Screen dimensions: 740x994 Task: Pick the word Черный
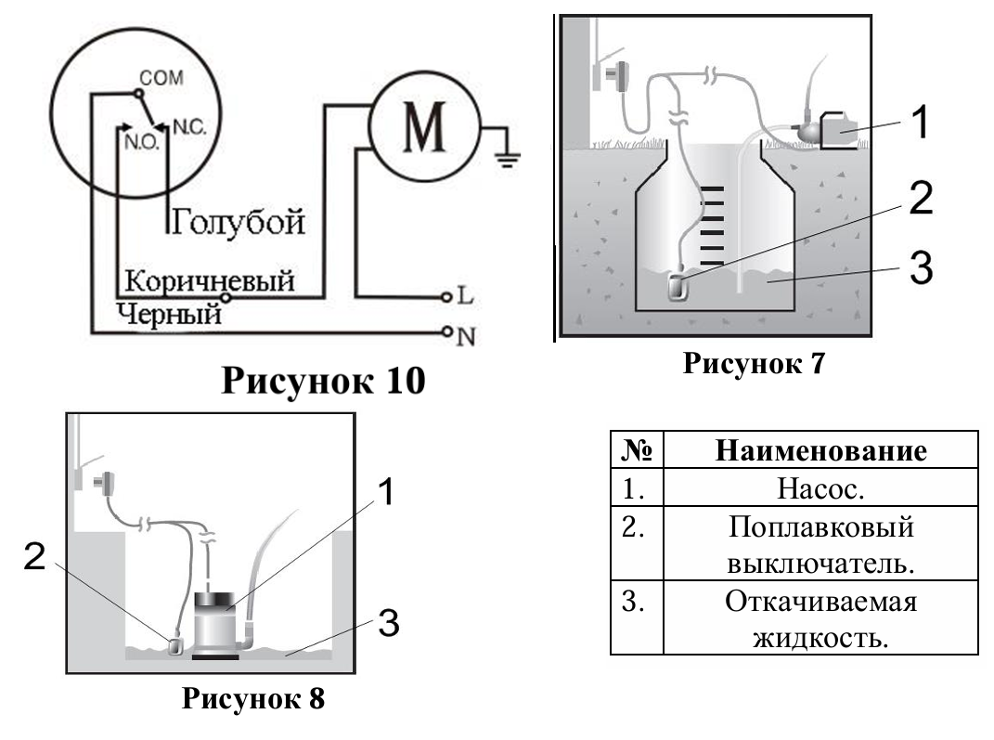click(x=170, y=314)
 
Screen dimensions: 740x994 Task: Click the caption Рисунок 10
click(x=322, y=381)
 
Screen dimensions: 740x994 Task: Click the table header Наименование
click(x=820, y=452)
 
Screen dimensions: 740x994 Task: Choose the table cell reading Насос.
click(x=820, y=487)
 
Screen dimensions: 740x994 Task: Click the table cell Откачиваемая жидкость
click(x=820, y=619)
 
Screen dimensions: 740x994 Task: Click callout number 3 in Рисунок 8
click(x=389, y=624)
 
